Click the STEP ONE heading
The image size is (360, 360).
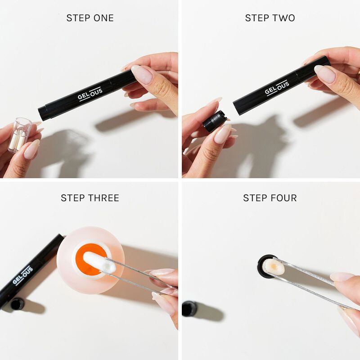coord(90,18)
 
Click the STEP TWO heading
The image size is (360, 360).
coord(270,18)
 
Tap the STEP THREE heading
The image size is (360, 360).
coord(90,198)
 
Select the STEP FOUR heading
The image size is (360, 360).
coord(270,198)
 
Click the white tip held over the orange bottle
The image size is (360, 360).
coord(99,263)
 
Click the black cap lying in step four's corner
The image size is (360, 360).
coord(189,309)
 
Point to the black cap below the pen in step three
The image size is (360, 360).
coord(17,304)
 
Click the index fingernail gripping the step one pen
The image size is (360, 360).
coord(142,74)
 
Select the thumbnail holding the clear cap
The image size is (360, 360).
coord(31,149)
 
